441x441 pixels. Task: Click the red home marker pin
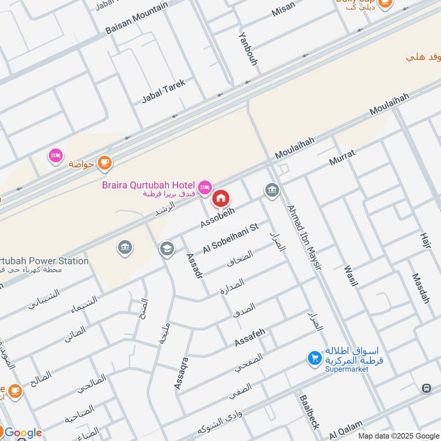coord(221,198)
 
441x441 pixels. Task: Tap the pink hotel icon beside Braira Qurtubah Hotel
coord(205,188)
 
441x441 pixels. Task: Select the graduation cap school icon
coord(166,249)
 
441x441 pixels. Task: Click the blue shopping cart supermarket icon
coord(314,358)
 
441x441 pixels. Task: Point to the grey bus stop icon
coord(427,389)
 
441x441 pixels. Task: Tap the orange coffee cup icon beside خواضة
coord(104,163)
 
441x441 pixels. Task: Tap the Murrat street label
coord(342,157)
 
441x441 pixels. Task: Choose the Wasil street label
coord(351,276)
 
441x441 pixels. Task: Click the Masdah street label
coord(421,289)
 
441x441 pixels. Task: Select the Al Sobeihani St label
coord(230,238)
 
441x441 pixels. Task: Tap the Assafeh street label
coord(250,337)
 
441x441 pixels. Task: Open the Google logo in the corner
coord(23,433)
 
